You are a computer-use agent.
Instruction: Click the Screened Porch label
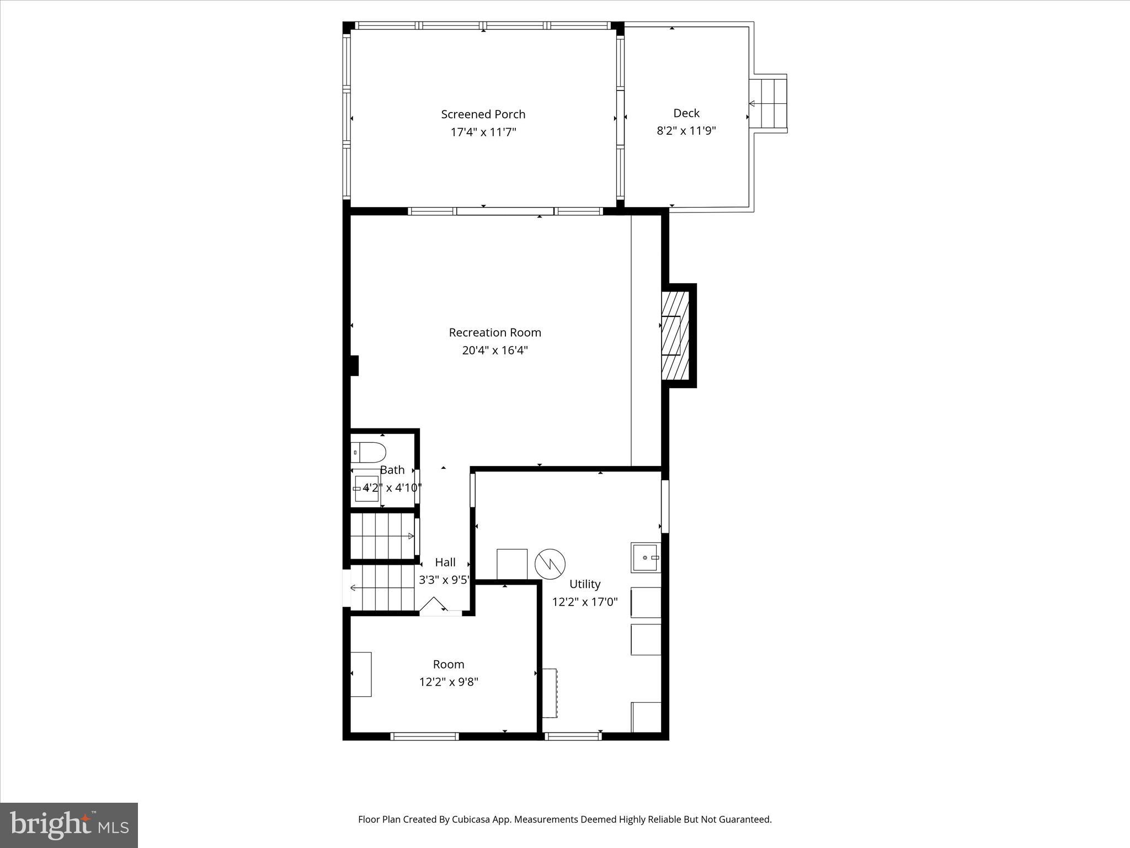click(x=483, y=114)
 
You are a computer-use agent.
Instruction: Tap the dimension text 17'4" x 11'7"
click(x=483, y=132)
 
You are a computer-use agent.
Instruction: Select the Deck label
click(x=686, y=113)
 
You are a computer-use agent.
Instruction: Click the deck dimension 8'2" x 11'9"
click(x=686, y=131)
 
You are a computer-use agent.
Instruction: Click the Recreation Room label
click(x=494, y=332)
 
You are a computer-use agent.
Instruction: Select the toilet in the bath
click(x=368, y=453)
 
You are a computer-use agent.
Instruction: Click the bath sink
click(x=366, y=488)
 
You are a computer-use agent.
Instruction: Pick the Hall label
click(x=445, y=562)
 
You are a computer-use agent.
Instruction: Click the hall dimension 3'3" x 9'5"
click(x=444, y=580)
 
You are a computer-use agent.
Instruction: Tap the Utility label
click(x=585, y=584)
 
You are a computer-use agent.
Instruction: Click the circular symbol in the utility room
click(x=550, y=564)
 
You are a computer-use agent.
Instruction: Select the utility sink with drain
click(x=646, y=558)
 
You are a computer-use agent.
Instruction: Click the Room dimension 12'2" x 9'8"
click(x=448, y=682)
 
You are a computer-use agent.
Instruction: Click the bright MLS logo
click(x=68, y=825)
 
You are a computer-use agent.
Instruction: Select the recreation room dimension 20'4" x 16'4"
click(x=494, y=350)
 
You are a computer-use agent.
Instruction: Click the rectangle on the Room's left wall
click(x=361, y=674)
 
